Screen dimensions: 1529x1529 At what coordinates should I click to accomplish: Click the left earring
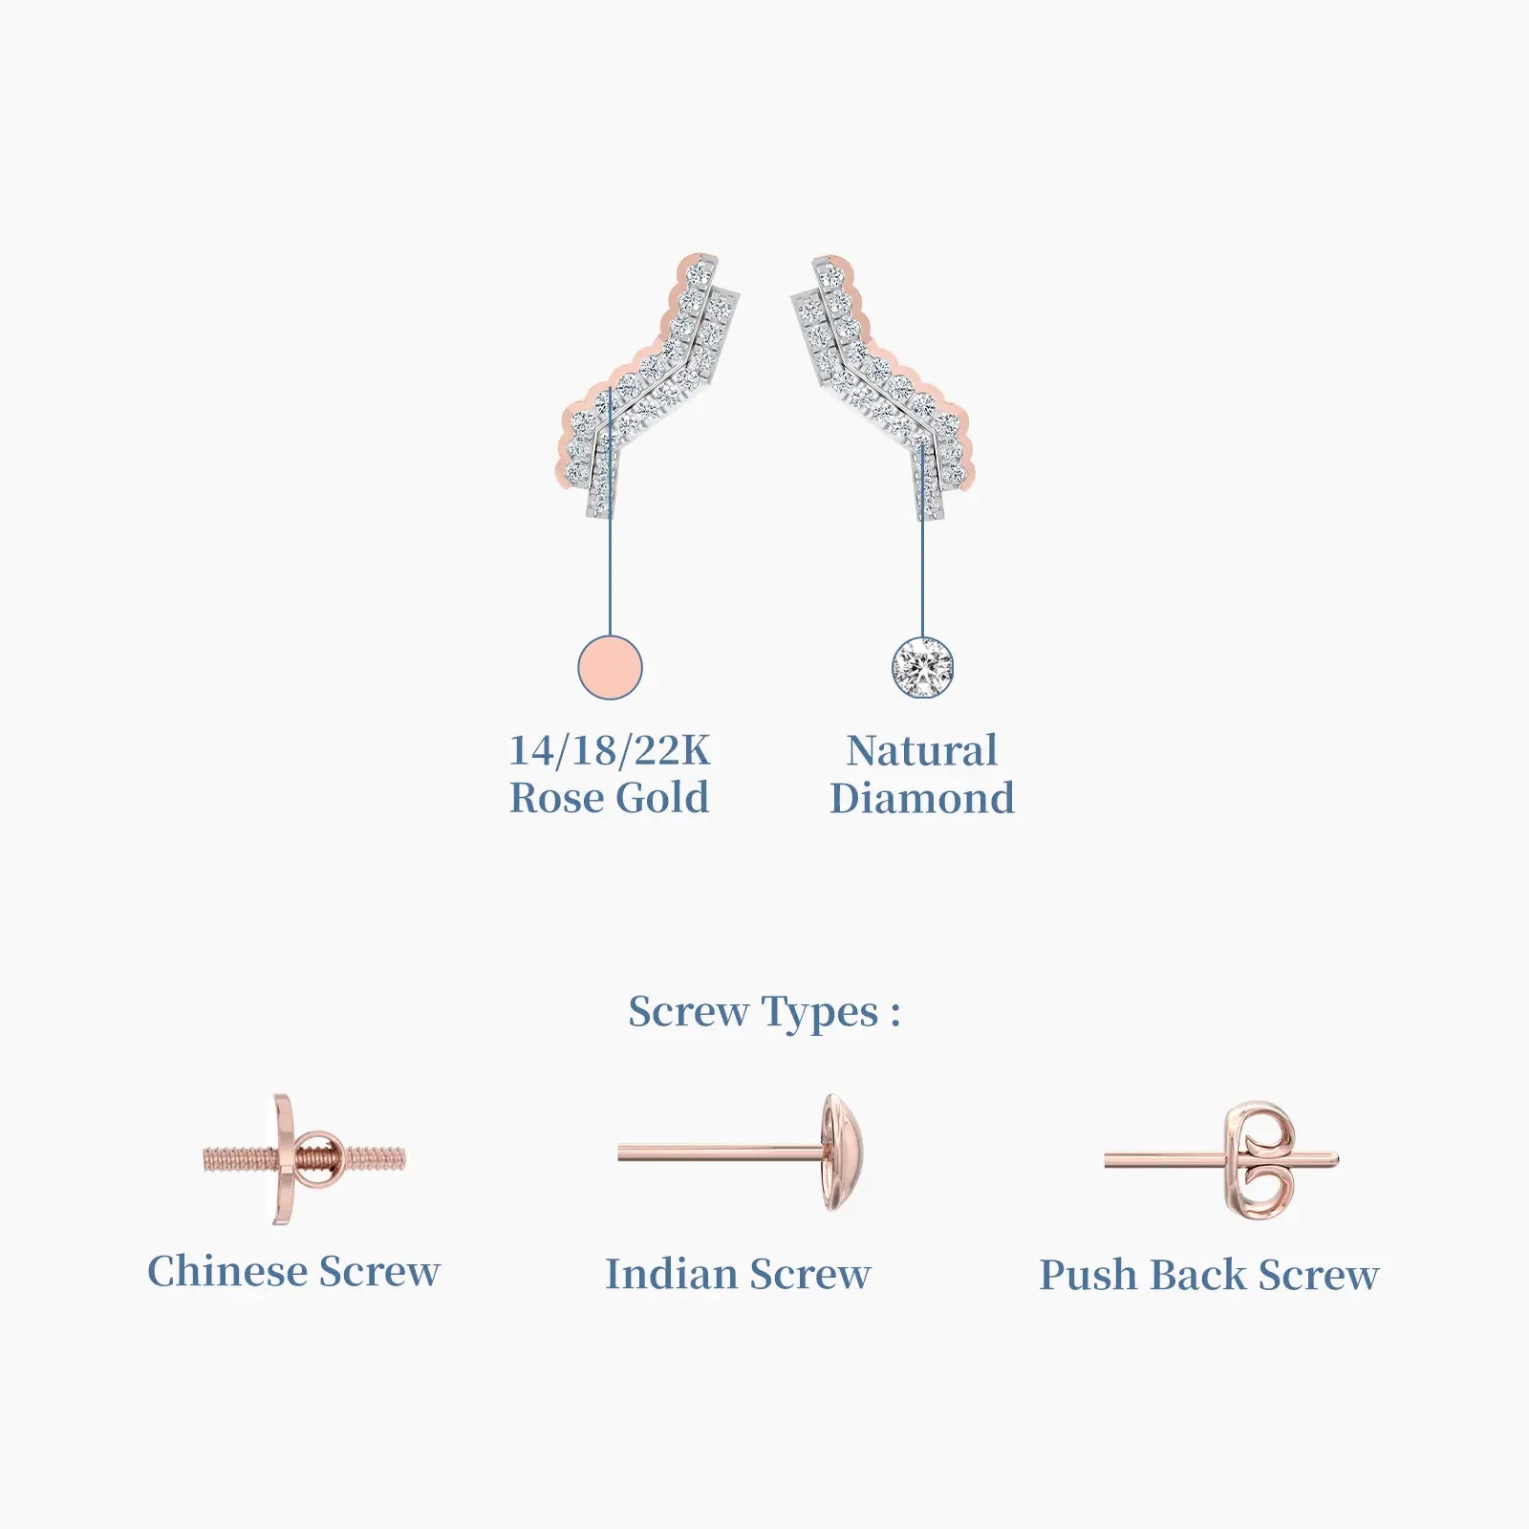point(650,387)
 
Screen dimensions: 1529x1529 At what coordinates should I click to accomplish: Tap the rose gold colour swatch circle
point(610,667)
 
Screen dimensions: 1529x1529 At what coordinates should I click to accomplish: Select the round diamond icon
point(922,667)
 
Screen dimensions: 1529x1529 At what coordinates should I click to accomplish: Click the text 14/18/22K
point(610,750)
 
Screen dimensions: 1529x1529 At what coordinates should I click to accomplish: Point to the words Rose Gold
point(610,798)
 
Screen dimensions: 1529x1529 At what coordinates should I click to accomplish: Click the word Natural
point(922,750)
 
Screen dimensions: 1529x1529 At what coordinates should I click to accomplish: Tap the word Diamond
point(922,798)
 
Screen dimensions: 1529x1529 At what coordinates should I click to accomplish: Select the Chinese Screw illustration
point(303,1159)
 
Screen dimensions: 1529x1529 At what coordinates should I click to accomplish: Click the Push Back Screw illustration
point(1222,1160)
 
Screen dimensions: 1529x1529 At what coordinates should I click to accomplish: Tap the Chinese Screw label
point(293,1272)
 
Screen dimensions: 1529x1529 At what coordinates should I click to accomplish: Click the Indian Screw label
point(738,1274)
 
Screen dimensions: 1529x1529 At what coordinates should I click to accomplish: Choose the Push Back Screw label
point(1209,1275)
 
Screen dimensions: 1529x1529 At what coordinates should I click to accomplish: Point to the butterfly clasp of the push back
point(1260,1160)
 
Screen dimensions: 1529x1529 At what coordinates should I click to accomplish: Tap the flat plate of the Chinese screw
point(284,1159)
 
